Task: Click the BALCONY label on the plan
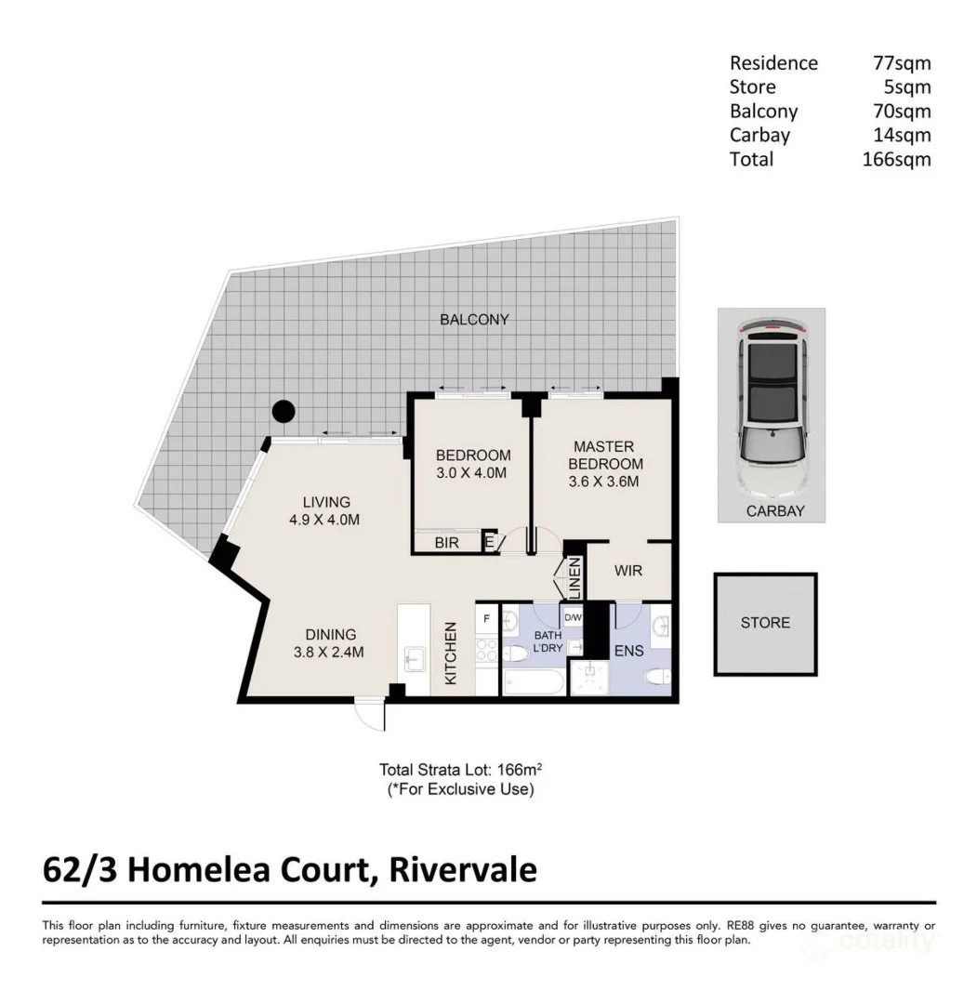coord(474,320)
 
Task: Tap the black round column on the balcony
coord(283,411)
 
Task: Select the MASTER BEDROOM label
coord(606,456)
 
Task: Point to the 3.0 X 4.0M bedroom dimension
coord(473,472)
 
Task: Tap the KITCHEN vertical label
coord(450,653)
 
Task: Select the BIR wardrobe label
coord(446,544)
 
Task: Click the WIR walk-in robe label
coord(628,570)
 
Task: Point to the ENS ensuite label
coord(628,651)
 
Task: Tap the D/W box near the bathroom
coord(572,617)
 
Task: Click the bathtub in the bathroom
coord(533,684)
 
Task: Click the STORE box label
coord(765,623)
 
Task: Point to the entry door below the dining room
coord(370,715)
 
